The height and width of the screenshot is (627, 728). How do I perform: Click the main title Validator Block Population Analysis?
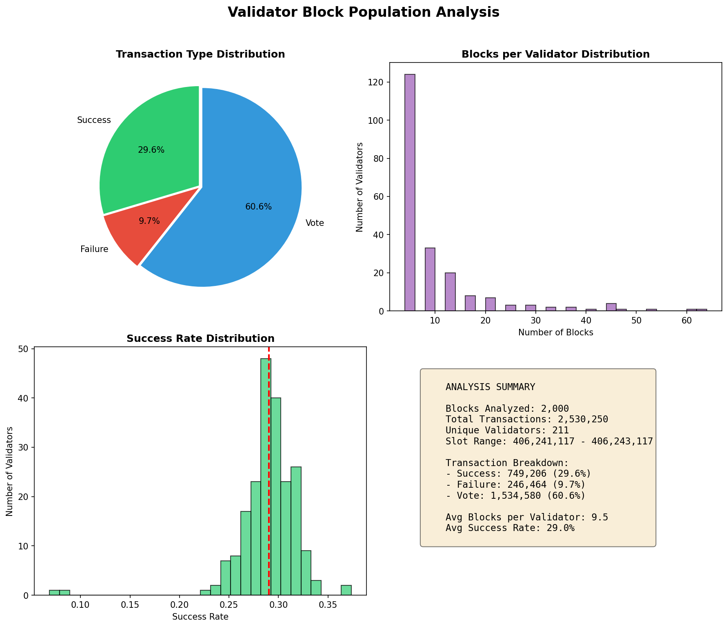point(363,12)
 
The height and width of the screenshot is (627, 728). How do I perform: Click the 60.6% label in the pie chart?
point(258,207)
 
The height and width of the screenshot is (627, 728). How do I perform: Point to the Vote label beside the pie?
point(315,223)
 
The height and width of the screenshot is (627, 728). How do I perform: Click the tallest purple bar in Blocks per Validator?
point(410,192)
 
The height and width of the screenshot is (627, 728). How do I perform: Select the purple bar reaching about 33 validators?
point(430,279)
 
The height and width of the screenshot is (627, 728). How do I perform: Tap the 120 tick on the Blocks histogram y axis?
point(379,83)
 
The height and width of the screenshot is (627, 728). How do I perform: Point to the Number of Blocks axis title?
point(555,332)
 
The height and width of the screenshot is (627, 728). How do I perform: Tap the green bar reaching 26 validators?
point(296,531)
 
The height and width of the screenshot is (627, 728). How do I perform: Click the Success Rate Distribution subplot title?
point(200,339)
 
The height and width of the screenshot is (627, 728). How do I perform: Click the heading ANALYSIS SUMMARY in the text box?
point(490,387)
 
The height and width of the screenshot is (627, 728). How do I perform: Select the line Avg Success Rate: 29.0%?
point(510,529)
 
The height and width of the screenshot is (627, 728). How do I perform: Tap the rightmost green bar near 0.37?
point(346,590)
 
